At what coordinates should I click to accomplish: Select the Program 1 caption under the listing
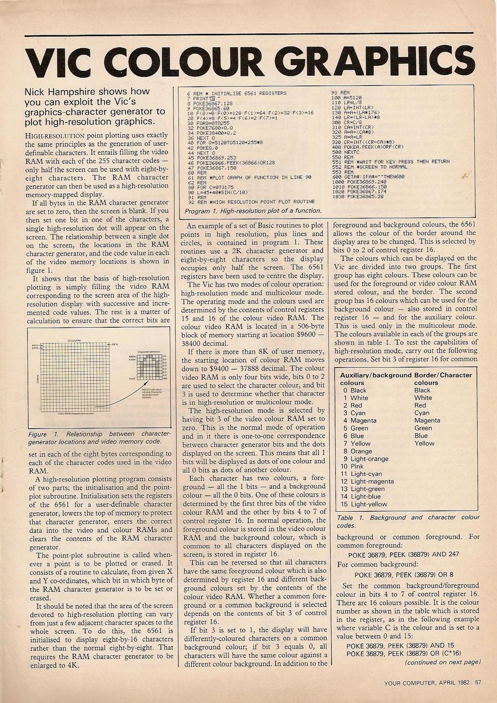(x=252, y=211)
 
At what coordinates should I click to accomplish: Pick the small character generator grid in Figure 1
(x=149, y=367)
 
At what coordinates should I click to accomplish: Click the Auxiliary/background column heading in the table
(x=375, y=375)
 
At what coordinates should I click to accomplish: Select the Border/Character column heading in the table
(x=443, y=375)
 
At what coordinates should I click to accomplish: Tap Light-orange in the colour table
(x=369, y=459)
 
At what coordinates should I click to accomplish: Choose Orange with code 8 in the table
(x=361, y=451)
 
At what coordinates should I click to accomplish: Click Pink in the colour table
(x=357, y=467)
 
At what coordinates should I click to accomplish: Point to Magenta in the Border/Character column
(x=427, y=420)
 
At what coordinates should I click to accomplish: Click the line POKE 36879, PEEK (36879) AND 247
(x=404, y=554)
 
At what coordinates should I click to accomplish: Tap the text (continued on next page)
(x=443, y=662)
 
